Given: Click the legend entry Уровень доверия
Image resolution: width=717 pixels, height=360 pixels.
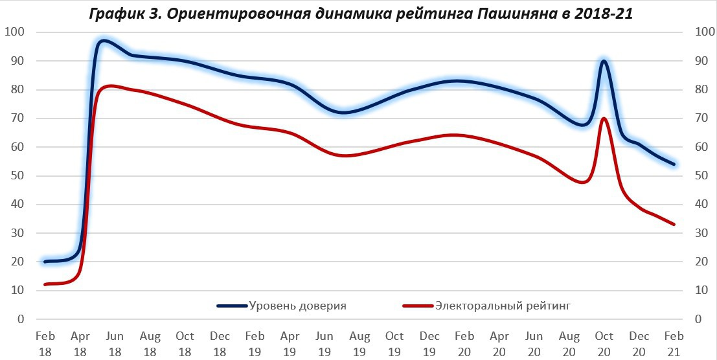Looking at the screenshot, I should click(x=297, y=306).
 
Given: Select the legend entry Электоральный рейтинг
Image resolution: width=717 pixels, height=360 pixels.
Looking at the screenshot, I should click(x=503, y=306).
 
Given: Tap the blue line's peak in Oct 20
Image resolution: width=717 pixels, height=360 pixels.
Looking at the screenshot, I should click(x=604, y=61).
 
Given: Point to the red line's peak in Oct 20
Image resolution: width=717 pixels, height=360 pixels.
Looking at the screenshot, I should click(x=604, y=118).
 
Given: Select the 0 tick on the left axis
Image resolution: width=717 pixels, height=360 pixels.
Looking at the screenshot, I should click(x=21, y=320).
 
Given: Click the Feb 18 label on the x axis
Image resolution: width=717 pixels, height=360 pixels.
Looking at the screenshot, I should click(x=45, y=343).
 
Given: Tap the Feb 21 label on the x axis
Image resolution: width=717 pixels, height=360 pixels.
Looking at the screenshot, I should click(x=674, y=343).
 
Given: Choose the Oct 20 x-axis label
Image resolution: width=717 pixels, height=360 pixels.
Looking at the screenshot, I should click(x=604, y=343).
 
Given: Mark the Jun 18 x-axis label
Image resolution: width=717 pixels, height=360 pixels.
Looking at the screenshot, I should click(x=115, y=343).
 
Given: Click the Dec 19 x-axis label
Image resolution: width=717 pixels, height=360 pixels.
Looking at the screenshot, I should click(x=429, y=343).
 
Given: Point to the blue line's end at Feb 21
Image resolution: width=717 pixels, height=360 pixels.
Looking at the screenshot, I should click(x=674, y=164).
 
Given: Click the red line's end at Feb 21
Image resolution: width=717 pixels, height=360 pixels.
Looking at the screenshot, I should click(x=674, y=225).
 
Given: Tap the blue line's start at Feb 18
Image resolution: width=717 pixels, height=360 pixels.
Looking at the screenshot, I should click(x=45, y=262).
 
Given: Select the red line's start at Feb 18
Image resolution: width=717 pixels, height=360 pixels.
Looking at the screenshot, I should click(x=45, y=284).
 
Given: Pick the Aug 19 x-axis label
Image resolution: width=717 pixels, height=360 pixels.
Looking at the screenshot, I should click(x=359, y=343).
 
